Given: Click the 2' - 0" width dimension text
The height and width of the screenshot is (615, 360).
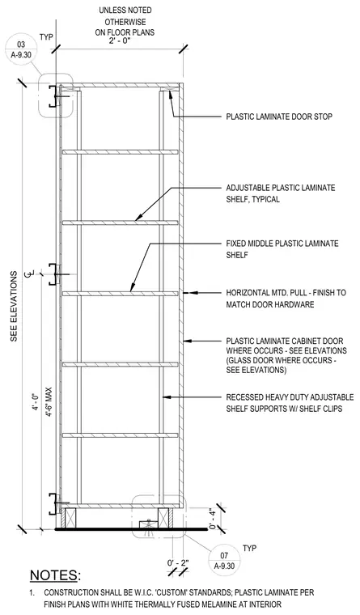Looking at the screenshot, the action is click(x=120, y=40).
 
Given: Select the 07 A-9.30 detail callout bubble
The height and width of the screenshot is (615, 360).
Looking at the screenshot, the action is click(x=224, y=560).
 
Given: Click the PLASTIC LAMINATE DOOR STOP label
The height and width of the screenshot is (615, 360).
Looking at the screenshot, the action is click(x=279, y=117).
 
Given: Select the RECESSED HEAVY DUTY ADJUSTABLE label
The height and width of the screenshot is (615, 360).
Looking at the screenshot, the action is click(x=290, y=397).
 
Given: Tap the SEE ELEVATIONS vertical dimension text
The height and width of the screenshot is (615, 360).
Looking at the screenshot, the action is click(x=15, y=306).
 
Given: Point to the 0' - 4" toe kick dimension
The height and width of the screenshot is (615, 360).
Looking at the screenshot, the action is click(x=213, y=518).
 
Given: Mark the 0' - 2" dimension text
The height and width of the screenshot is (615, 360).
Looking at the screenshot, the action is click(x=178, y=563).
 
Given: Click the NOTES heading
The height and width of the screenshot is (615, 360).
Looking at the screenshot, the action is click(x=55, y=575).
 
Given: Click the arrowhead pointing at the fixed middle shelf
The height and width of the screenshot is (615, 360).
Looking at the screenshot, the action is click(x=132, y=289).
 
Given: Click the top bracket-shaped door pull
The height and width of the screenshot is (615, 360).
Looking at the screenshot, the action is click(x=52, y=96).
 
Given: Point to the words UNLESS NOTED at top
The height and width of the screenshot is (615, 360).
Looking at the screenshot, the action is click(x=125, y=11).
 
